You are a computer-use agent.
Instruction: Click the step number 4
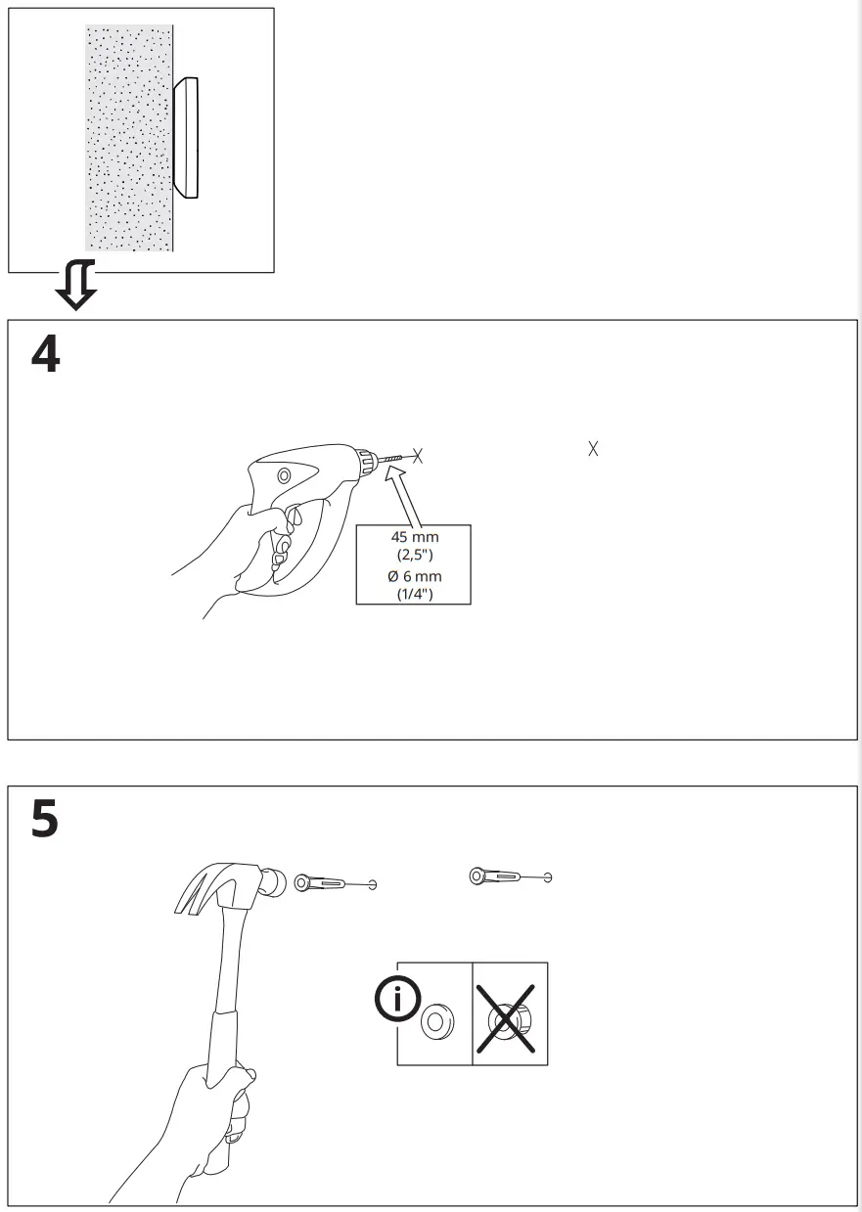point(45,355)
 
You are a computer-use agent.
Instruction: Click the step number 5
point(45,820)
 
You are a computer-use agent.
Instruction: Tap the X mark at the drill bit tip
point(418,455)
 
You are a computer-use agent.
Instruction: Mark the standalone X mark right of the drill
point(592,449)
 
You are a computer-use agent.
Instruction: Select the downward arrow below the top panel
point(75,285)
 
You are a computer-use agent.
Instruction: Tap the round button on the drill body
point(284,476)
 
